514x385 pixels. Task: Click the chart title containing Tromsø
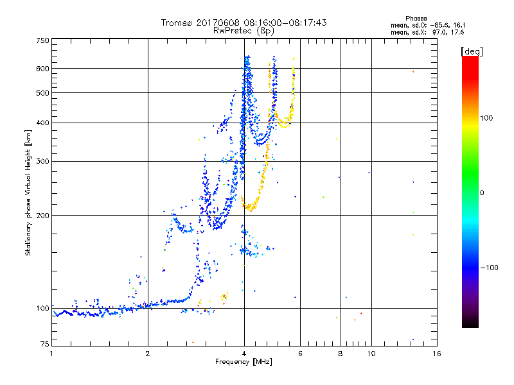244,22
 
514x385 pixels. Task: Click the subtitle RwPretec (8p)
244,30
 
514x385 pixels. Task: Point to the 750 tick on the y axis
42,40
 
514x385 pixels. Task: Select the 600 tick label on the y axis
42,69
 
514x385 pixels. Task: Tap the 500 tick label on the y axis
42,93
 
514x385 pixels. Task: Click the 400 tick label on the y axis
42,123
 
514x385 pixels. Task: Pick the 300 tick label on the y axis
42,162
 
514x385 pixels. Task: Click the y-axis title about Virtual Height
28,193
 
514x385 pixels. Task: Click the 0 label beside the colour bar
483,193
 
